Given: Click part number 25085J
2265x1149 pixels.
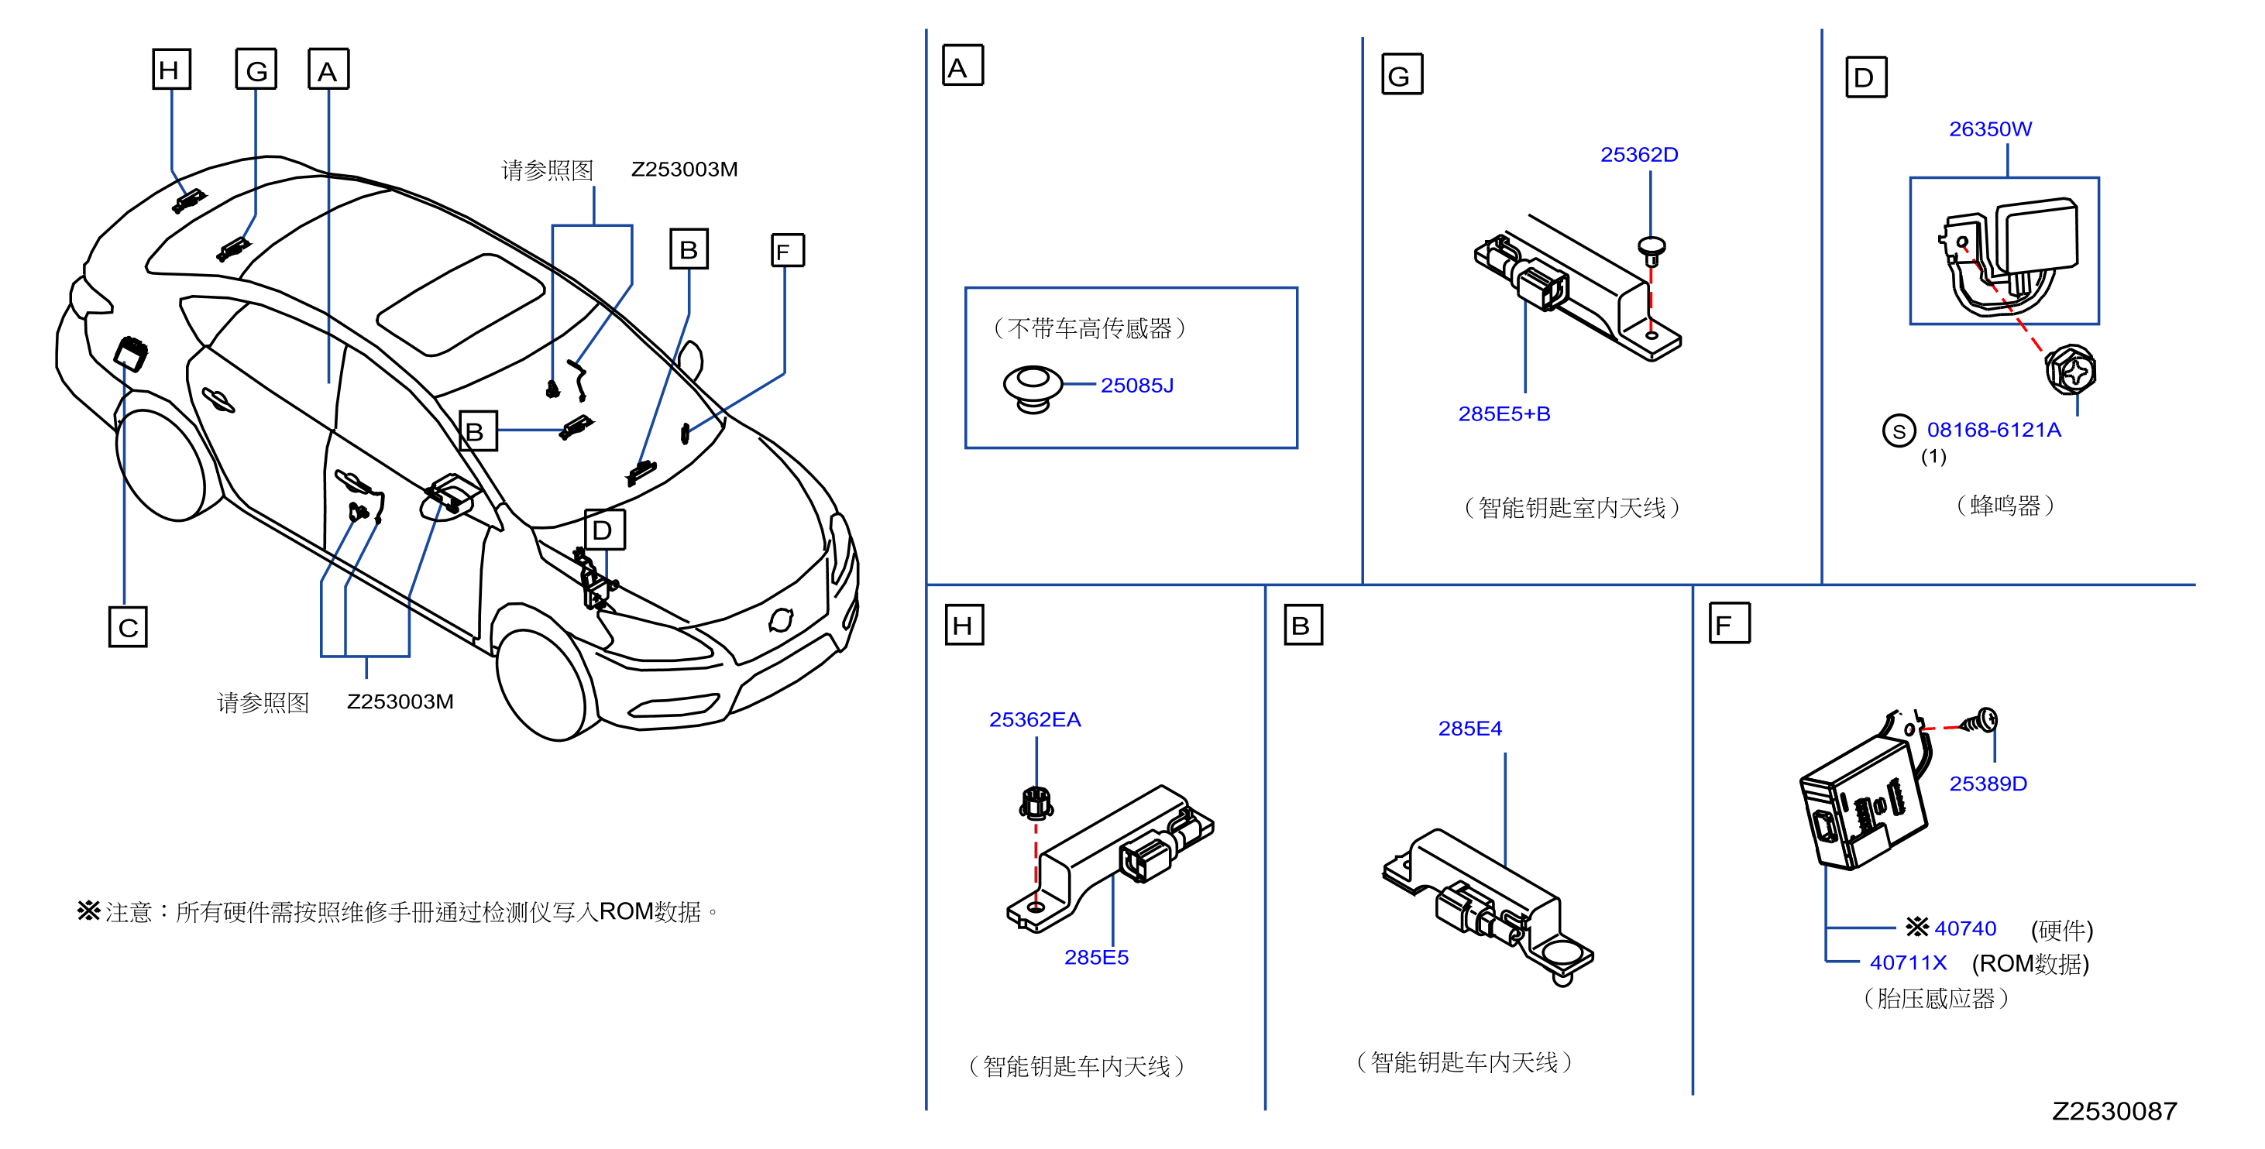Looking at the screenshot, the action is tap(1136, 385).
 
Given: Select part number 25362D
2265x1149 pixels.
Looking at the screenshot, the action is tap(1639, 155).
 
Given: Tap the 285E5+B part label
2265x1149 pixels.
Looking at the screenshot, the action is tap(1504, 413).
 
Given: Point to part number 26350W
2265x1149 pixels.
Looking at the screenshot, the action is tap(1990, 129).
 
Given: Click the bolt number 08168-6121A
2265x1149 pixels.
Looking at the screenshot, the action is tap(1993, 430).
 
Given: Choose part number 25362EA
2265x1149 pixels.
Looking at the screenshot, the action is tap(1035, 719).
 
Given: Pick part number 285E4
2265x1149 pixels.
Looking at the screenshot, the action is tap(1469, 728).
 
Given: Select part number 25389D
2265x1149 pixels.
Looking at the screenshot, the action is tap(1987, 784).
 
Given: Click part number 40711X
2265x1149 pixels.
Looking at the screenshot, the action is tap(1907, 962).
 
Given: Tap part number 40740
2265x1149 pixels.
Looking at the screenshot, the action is tap(1964, 928).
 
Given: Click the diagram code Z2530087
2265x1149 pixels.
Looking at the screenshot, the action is tap(2114, 1111).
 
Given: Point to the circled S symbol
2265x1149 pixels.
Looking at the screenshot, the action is tap(1899, 430).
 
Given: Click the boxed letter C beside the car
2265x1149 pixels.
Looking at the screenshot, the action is tap(128, 627).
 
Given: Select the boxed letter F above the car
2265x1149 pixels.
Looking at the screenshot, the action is tap(787, 251).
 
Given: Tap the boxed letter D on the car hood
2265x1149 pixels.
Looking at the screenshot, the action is tap(604, 530).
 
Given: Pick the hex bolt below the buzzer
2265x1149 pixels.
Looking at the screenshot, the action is tap(2071, 371).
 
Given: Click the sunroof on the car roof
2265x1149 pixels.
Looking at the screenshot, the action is tap(461, 304).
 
